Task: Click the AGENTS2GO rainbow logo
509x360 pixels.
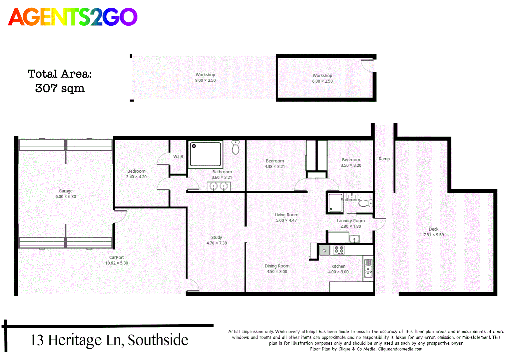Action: tap(73, 17)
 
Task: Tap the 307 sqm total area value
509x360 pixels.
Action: tap(60, 88)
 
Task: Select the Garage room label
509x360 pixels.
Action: tap(66, 191)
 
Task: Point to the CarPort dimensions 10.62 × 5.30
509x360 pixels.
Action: tap(117, 263)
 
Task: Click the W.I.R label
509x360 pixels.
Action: tap(178, 156)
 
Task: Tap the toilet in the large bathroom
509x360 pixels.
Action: tap(236, 148)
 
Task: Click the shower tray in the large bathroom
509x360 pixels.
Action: tap(206, 154)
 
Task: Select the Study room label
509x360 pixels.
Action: tap(217, 237)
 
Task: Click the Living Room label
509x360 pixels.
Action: tap(286, 215)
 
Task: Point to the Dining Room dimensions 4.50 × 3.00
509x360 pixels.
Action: tap(277, 272)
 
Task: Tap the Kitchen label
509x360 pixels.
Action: tap(338, 266)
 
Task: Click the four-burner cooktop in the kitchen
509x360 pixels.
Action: tap(339, 250)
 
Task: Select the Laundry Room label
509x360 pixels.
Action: tap(350, 221)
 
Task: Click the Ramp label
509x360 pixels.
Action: tap(384, 159)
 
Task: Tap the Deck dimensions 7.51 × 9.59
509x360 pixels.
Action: tap(434, 235)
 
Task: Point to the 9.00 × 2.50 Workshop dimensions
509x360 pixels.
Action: tap(206, 80)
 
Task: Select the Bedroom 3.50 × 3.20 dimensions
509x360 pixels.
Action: tap(351, 165)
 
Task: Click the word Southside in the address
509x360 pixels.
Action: tap(158, 340)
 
